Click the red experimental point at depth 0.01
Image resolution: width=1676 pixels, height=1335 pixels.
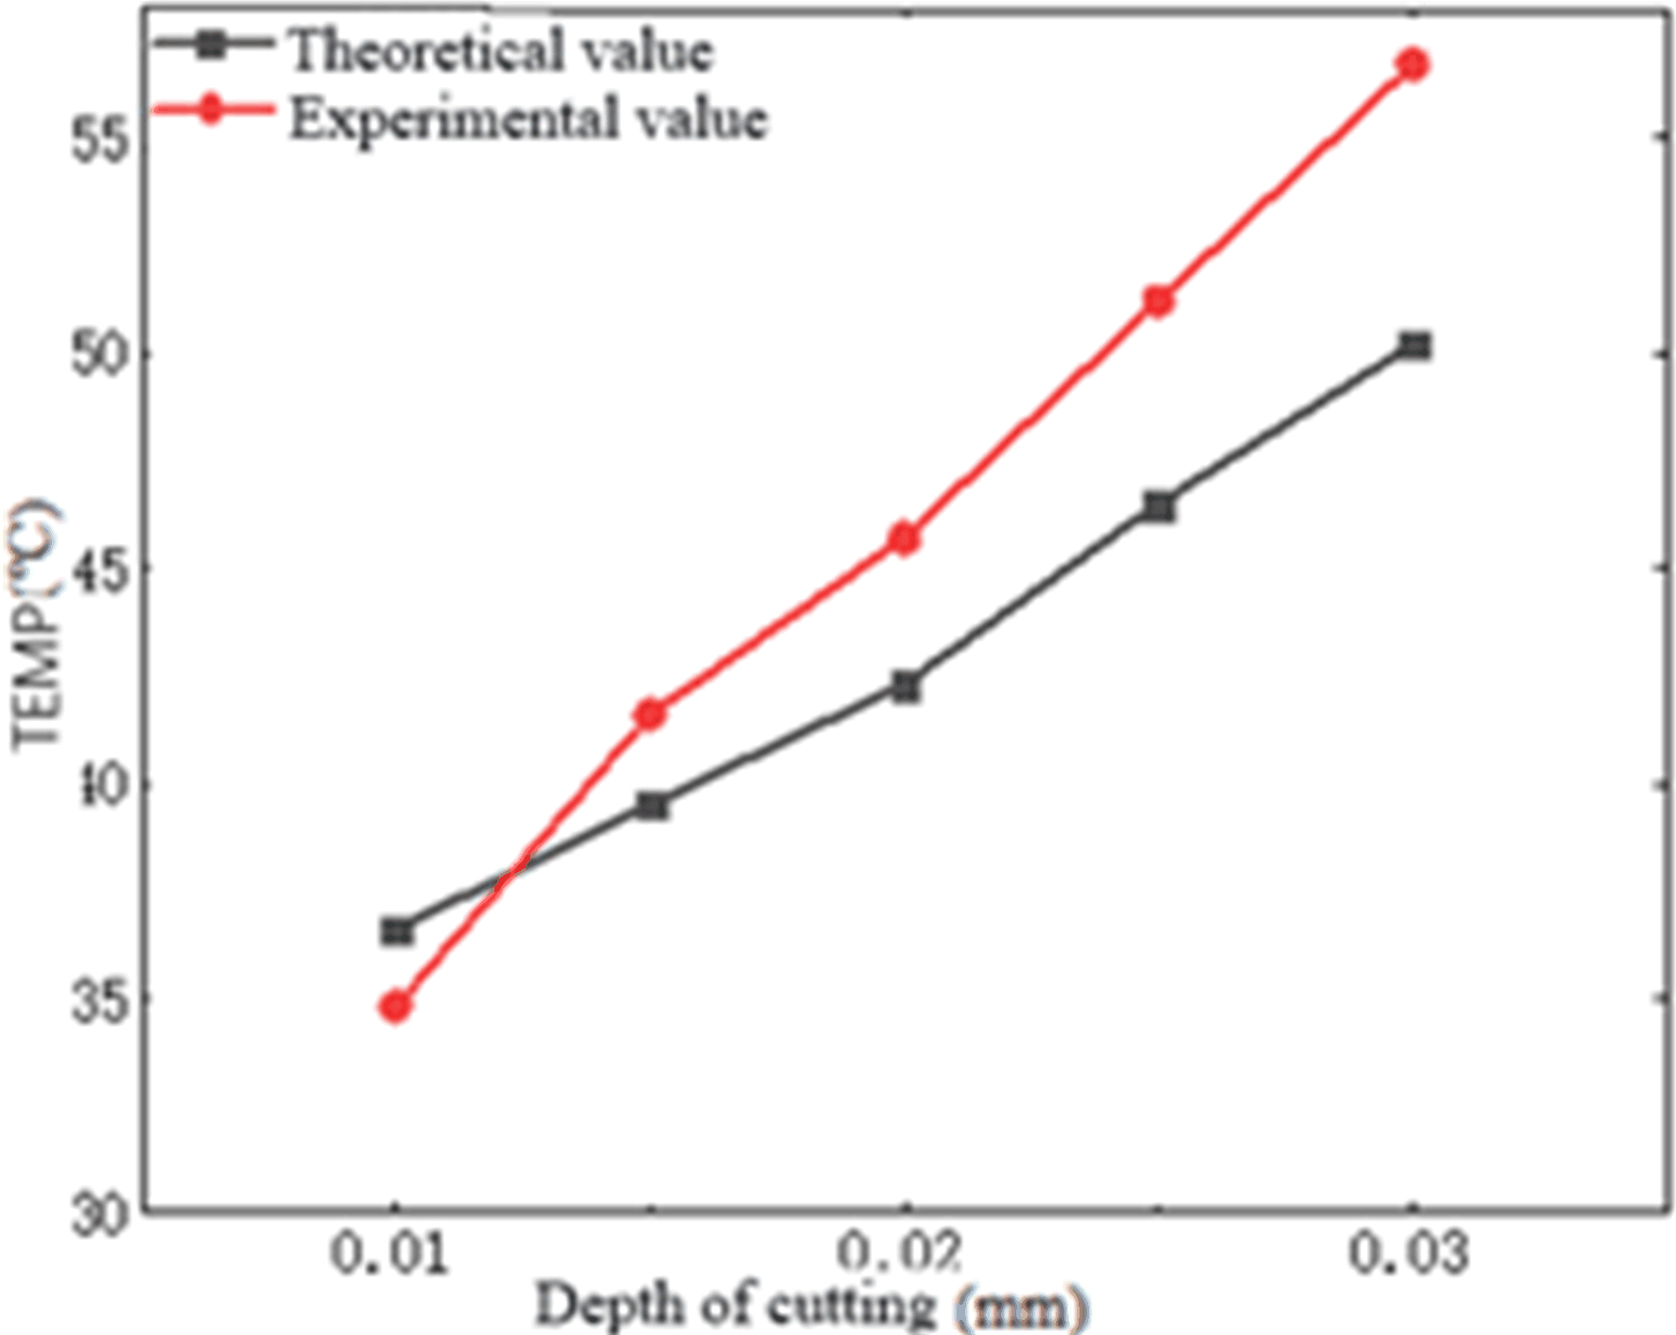[396, 1006]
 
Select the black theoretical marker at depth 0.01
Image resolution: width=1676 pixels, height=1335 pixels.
[396, 932]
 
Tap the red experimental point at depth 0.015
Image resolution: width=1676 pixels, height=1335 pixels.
[650, 714]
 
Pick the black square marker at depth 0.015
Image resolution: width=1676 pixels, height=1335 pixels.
[651, 806]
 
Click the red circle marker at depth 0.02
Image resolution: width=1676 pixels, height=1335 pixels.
[905, 539]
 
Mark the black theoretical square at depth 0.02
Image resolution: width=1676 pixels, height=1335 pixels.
[906, 687]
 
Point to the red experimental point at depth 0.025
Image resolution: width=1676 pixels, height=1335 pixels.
[1159, 301]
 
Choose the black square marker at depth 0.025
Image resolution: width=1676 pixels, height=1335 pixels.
[1159, 506]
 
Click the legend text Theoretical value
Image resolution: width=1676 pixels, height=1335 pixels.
[501, 49]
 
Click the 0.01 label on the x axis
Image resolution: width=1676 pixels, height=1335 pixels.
[389, 1255]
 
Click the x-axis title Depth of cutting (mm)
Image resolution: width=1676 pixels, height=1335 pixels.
[811, 1307]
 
